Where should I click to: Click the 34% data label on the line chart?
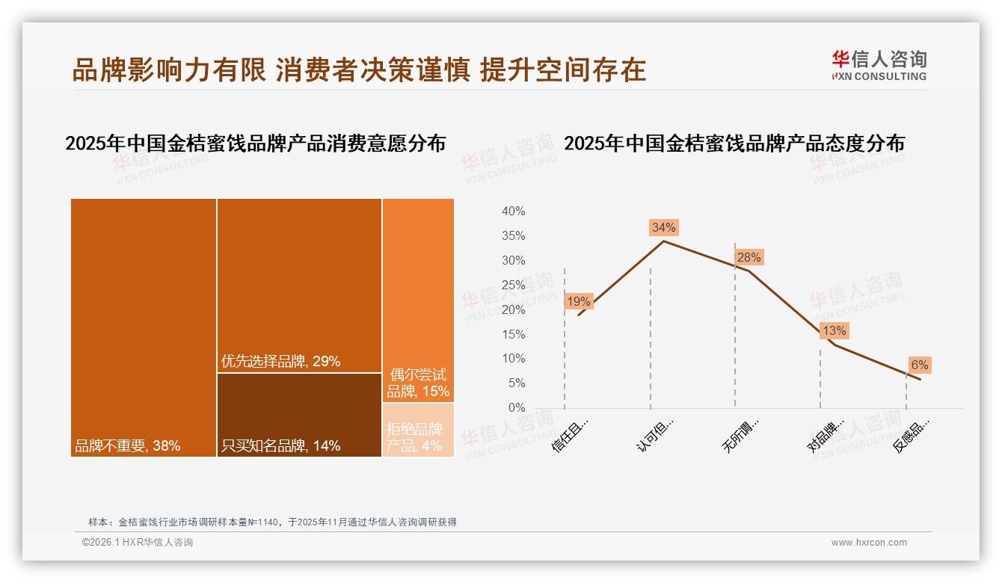point(663,227)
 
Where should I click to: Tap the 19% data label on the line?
point(579,302)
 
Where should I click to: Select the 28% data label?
point(749,258)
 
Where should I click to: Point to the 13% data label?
point(834,330)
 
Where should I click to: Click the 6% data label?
point(919,365)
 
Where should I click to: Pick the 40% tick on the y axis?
point(513,212)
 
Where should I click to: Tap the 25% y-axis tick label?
point(513,285)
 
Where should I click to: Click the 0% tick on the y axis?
point(516,408)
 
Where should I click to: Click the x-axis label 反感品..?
point(911,436)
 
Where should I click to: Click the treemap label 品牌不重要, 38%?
point(127,446)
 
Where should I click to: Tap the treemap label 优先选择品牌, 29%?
point(280,362)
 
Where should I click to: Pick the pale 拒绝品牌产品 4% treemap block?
point(418,430)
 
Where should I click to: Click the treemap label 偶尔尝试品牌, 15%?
point(418,383)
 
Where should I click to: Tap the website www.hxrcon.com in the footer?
point(869,543)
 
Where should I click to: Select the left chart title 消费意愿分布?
point(255,144)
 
